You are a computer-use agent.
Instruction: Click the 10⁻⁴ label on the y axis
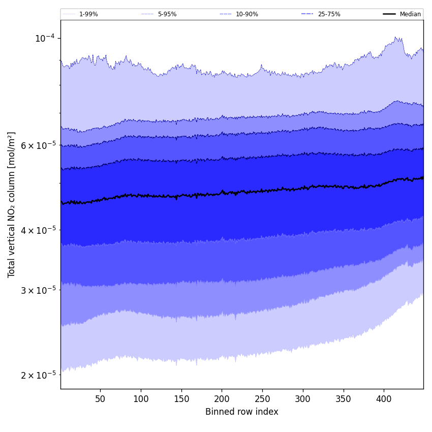(44, 38)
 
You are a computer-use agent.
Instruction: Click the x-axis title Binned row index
(242, 412)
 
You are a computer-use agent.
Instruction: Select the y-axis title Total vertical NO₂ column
(12, 204)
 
